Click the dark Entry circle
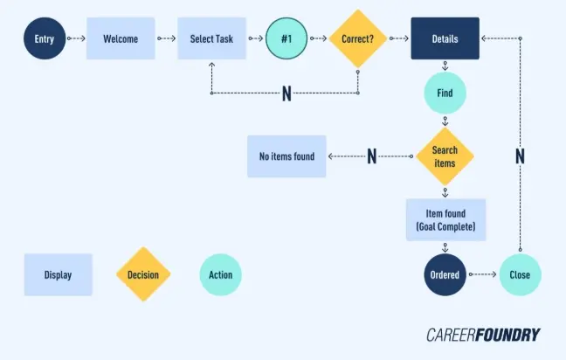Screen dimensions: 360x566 45,38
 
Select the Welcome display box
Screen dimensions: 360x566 121,38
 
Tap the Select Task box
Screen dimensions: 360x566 211,38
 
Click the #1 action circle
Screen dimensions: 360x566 286,38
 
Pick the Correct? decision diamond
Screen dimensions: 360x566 358,38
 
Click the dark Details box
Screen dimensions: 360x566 445,38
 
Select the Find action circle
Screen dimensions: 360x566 445,92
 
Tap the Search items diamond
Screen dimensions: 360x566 445,156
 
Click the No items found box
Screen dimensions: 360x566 286,156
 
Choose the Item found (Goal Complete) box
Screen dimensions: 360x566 445,219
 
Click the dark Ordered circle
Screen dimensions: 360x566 445,274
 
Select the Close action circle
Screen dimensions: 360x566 520,274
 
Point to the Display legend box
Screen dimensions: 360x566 58,274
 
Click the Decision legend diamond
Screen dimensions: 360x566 143,274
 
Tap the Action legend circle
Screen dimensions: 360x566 220,274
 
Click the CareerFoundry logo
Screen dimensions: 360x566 483,335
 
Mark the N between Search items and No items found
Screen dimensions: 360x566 371,156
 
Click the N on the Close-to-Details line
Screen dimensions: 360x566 520,156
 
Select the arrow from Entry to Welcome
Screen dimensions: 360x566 75,38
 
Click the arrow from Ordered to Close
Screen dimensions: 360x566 483,274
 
